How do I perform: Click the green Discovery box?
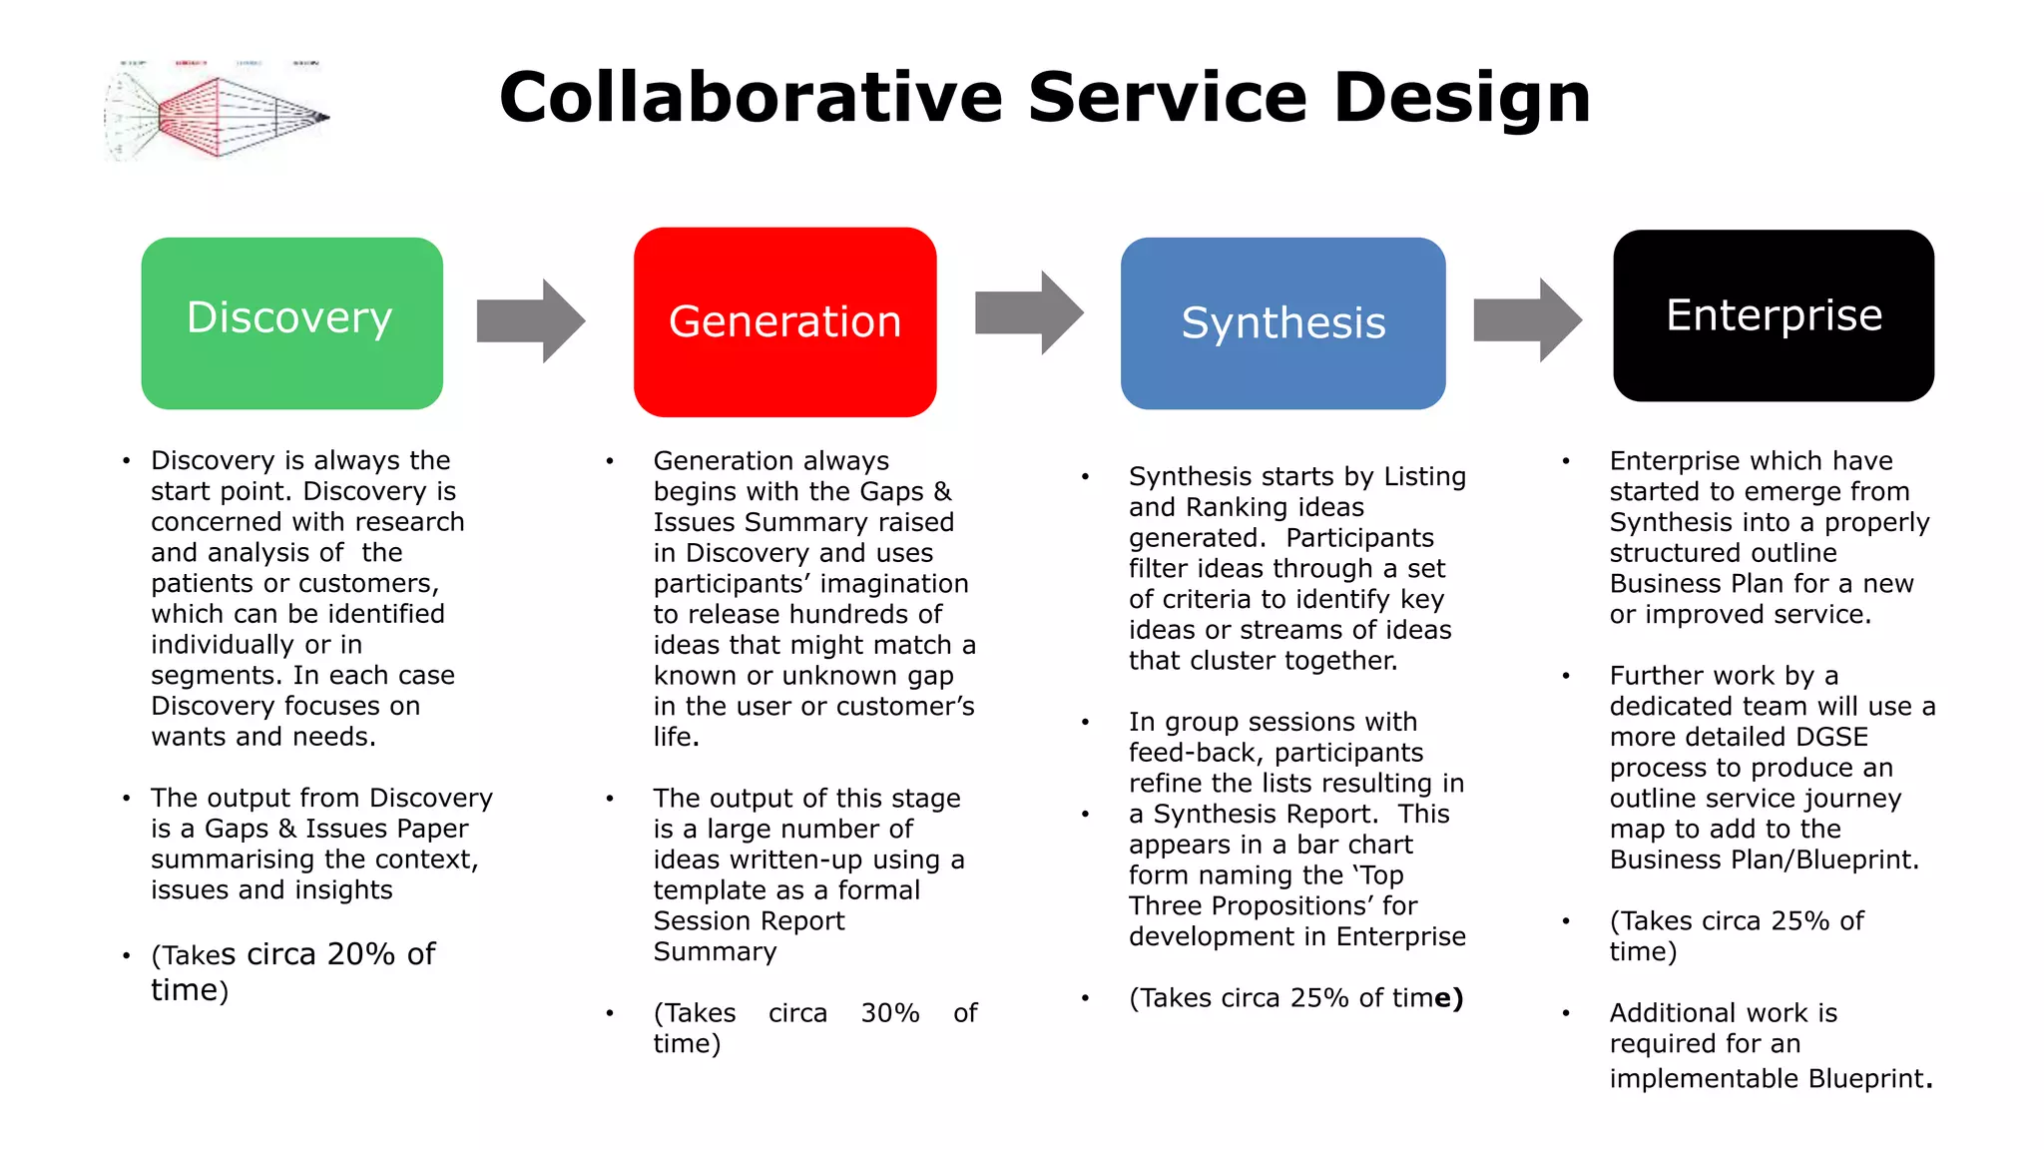291,322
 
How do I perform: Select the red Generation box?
784,321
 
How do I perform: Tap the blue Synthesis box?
1282,322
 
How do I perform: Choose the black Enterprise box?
1774,315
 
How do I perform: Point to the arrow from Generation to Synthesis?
1029,312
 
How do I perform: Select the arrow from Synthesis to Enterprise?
1527,320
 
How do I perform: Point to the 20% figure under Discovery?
361,954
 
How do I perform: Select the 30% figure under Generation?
890,1013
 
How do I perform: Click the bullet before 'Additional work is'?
1566,1013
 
